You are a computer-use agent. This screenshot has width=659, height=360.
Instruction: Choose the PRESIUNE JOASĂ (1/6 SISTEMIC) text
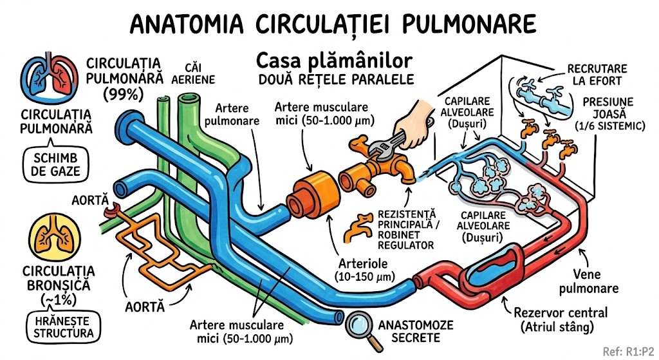click(609, 113)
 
